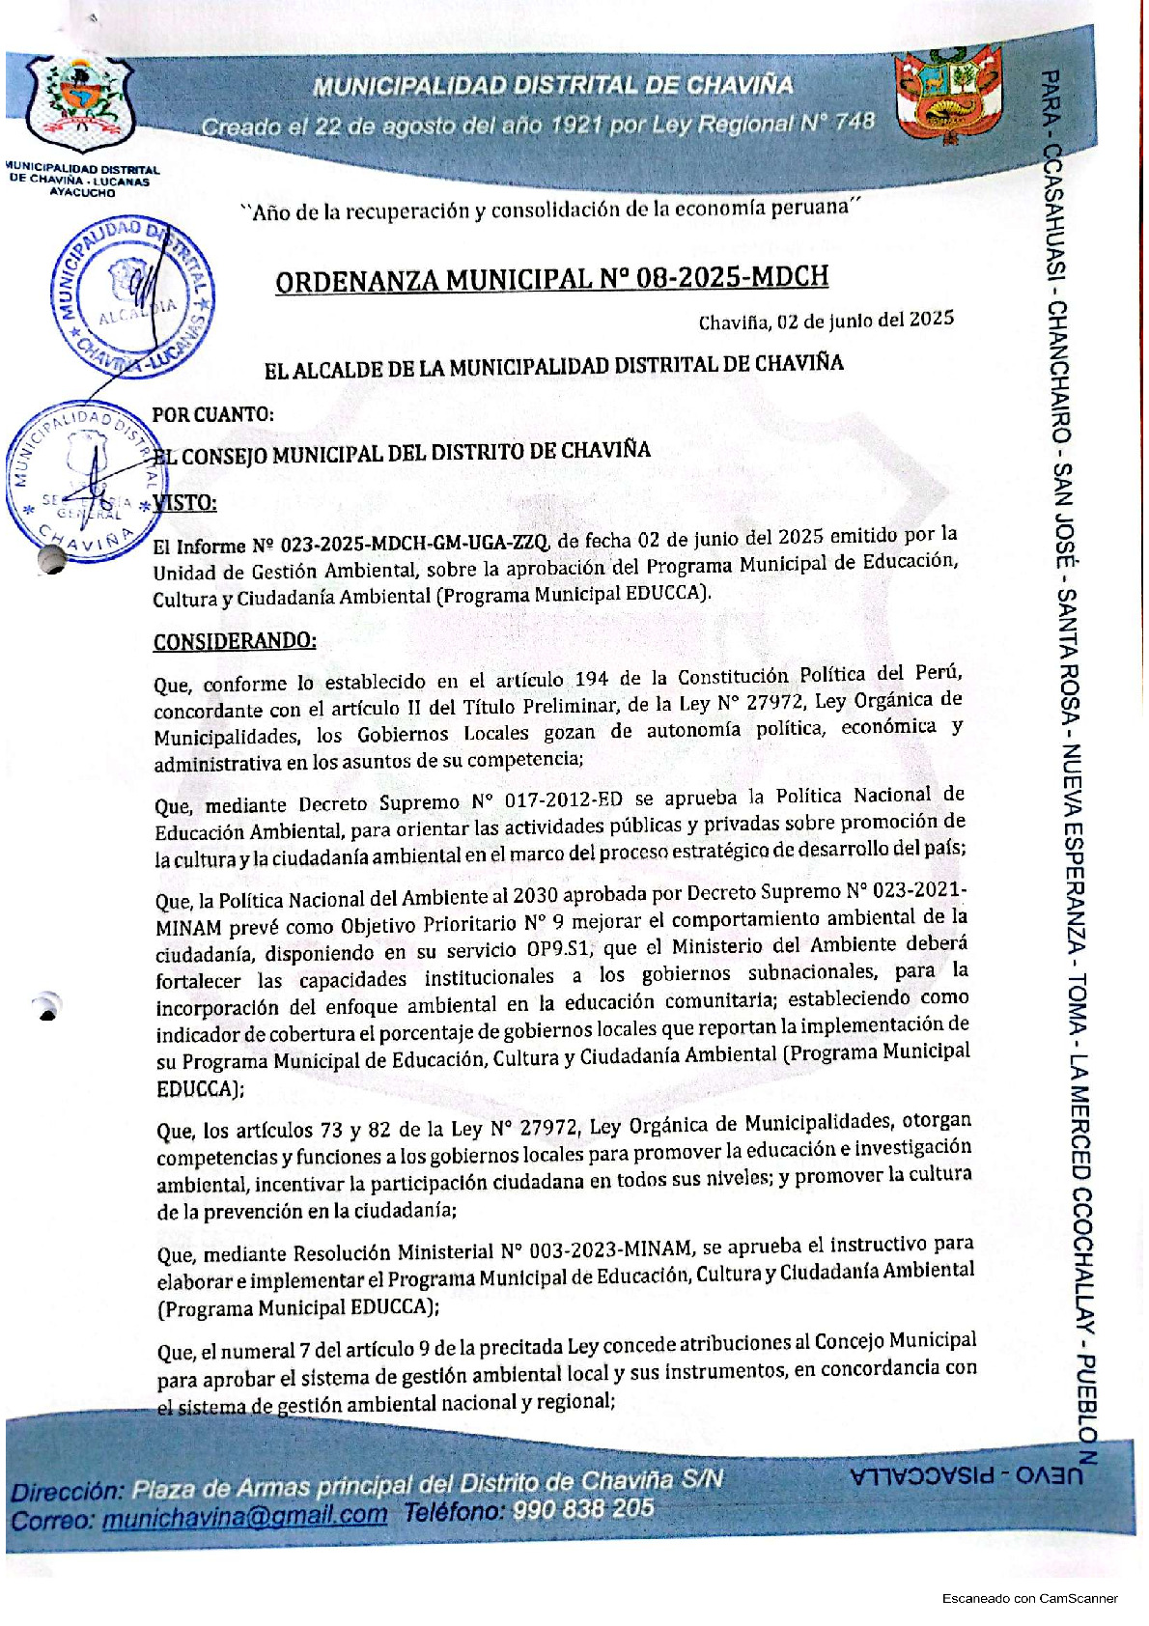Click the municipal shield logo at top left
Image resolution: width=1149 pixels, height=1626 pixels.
[81, 102]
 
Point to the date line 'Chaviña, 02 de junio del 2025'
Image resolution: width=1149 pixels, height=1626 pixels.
[826, 321]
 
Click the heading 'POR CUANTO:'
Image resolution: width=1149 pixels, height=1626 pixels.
[212, 415]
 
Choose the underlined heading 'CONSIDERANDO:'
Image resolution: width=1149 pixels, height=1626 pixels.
[235, 642]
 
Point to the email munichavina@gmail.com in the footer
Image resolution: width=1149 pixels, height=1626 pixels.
[244, 1517]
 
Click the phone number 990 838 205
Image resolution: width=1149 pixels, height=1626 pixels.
[583, 1508]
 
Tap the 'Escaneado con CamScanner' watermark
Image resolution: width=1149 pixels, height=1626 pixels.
[1029, 1598]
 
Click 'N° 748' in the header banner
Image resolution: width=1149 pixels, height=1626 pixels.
[837, 122]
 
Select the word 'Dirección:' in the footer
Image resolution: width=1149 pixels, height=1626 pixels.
[68, 1491]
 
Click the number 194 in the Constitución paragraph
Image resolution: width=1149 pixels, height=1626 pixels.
[592, 680]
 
